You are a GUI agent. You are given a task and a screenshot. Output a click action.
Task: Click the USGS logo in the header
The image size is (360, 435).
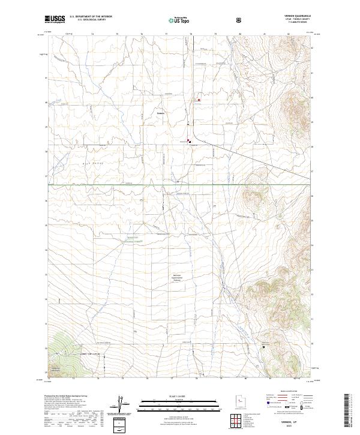55,19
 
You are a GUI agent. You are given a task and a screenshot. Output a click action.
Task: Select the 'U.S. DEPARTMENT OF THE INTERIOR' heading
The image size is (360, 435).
91,17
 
